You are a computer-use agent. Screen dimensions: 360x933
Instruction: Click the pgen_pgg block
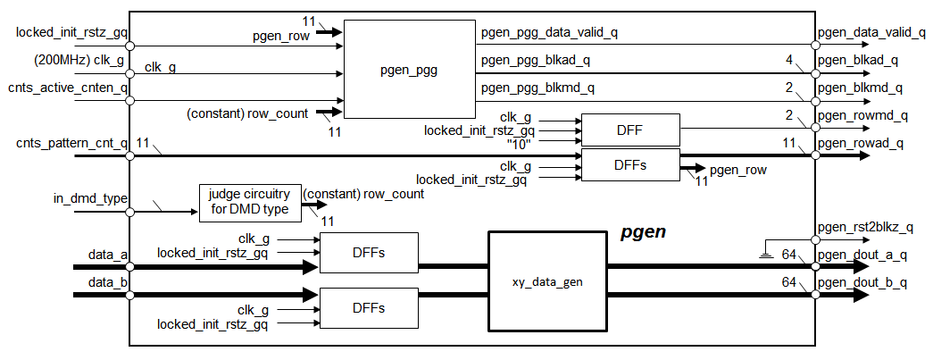coord(408,70)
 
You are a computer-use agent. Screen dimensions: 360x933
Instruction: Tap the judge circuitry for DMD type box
coord(249,203)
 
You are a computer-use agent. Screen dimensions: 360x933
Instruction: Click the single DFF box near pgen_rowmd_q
coord(629,130)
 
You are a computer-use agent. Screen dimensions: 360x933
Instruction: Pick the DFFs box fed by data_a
coord(369,253)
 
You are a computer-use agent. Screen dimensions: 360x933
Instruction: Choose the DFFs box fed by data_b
coord(369,307)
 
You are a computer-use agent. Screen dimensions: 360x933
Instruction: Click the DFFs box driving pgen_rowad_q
coord(629,165)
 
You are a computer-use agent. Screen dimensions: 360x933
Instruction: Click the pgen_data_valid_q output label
coord(871,32)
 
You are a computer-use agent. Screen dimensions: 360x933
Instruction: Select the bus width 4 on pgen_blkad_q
coord(789,60)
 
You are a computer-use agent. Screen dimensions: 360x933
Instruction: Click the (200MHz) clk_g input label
coord(67,60)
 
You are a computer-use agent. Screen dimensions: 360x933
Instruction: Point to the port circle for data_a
coord(130,266)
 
